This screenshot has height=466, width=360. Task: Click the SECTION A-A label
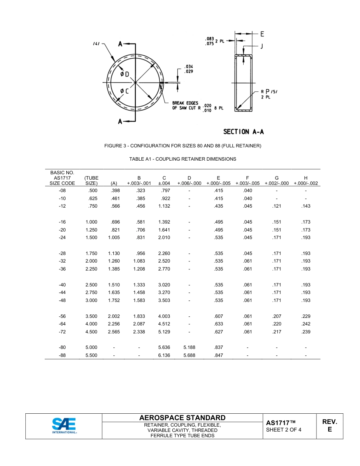(x=243, y=131)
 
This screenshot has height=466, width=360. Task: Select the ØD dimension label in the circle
(x=125, y=74)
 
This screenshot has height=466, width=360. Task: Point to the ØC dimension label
(x=124, y=91)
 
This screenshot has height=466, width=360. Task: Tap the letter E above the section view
(x=262, y=34)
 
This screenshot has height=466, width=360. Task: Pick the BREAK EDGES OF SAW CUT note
(x=186, y=106)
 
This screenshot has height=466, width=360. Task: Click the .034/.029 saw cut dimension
(x=188, y=69)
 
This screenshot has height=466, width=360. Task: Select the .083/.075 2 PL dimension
(x=214, y=41)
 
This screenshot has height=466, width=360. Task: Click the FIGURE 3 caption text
(x=183, y=146)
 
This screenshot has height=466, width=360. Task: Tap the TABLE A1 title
(x=183, y=159)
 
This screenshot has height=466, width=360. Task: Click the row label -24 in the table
(x=62, y=238)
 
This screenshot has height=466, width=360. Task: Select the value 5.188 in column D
(x=189, y=347)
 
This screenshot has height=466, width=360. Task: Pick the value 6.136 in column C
(x=164, y=355)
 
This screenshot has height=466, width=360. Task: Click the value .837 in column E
(x=218, y=347)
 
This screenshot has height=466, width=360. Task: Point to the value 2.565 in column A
(x=114, y=332)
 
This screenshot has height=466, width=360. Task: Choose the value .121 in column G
(x=277, y=206)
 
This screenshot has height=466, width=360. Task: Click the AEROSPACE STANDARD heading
(x=182, y=418)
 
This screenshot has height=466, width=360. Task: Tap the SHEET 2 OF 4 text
(x=284, y=430)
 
